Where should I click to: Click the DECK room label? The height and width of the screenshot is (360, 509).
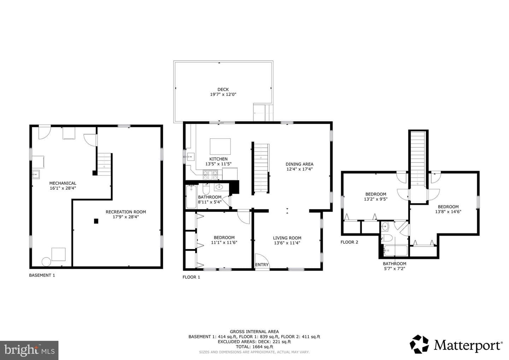coord(223,89)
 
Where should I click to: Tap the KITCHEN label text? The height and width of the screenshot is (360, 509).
coord(218,159)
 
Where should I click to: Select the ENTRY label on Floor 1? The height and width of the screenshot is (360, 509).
coord(262,265)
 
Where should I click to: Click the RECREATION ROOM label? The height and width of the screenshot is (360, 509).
coord(126,212)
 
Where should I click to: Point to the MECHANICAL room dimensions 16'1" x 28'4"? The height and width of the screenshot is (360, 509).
coord(63,188)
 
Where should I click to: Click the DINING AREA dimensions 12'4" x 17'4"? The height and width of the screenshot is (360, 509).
coord(299,169)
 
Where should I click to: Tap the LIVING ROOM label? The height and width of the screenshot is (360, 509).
coord(287,238)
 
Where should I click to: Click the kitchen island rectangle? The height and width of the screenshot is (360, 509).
coord(220,147)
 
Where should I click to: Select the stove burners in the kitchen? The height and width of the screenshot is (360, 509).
coord(210,175)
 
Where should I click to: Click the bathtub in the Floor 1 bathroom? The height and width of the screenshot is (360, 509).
coord(191,197)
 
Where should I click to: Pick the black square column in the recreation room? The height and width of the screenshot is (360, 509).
coord(96,221)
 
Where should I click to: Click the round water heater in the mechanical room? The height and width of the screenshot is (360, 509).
coord(46,262)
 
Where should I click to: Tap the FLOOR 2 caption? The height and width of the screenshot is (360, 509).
coord(349,242)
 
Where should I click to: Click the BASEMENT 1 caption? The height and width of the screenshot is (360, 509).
coord(42,275)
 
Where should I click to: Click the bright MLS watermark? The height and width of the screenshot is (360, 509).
coord(29,350)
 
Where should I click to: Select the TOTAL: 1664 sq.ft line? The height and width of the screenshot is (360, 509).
coord(254,347)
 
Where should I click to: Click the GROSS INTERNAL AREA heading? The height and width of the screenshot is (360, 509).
coord(254,332)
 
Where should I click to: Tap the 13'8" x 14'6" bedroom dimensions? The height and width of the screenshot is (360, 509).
coord(448,212)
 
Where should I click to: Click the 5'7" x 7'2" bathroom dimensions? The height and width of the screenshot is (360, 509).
coord(394,268)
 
